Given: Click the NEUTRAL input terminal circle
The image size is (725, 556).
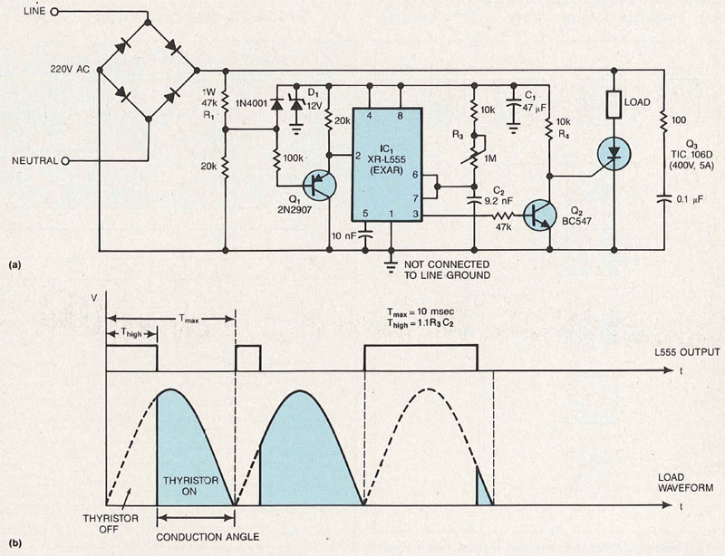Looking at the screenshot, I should pos(63,160).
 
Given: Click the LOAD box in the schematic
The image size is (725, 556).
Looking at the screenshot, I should pos(614,105).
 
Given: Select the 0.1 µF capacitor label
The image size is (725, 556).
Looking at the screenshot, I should pos(688,196).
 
